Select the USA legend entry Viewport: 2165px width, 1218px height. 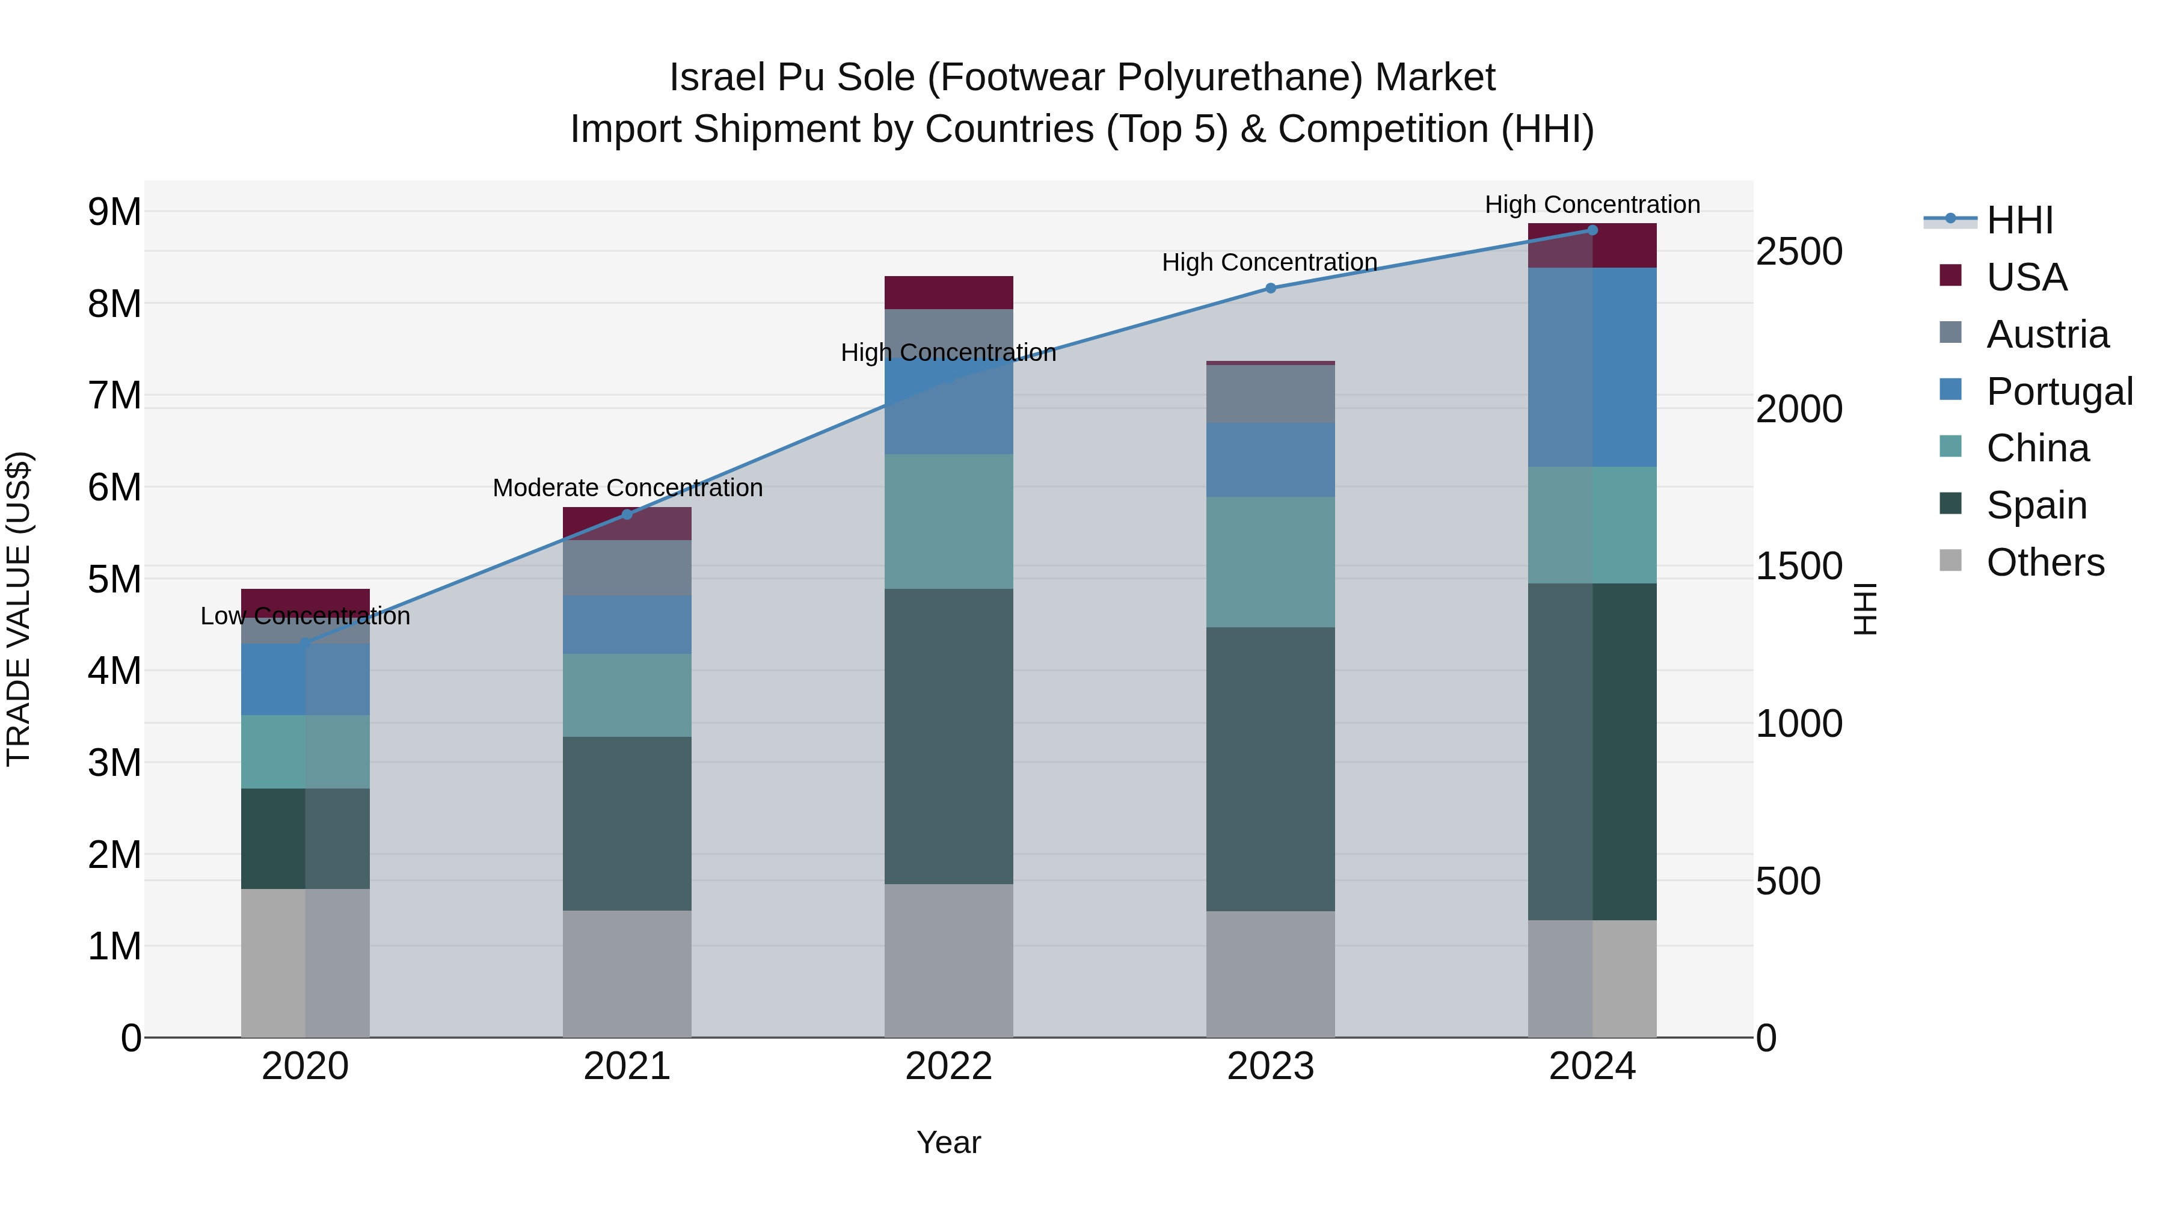click(x=2025, y=277)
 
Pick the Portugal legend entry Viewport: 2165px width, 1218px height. click(x=2059, y=391)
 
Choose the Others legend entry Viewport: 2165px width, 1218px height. click(x=2044, y=562)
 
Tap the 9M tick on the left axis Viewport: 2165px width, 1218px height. click(x=114, y=212)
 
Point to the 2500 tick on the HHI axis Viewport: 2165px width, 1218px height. click(x=1799, y=251)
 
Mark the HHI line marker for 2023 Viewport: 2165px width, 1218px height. click(x=1270, y=288)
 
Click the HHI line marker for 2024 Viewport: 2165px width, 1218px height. click(x=1592, y=230)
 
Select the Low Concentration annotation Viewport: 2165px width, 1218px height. click(x=305, y=616)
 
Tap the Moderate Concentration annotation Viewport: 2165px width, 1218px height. click(x=627, y=488)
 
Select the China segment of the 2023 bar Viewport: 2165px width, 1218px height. click(x=1270, y=562)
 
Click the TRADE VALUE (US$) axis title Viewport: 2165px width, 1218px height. click(x=19, y=609)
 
